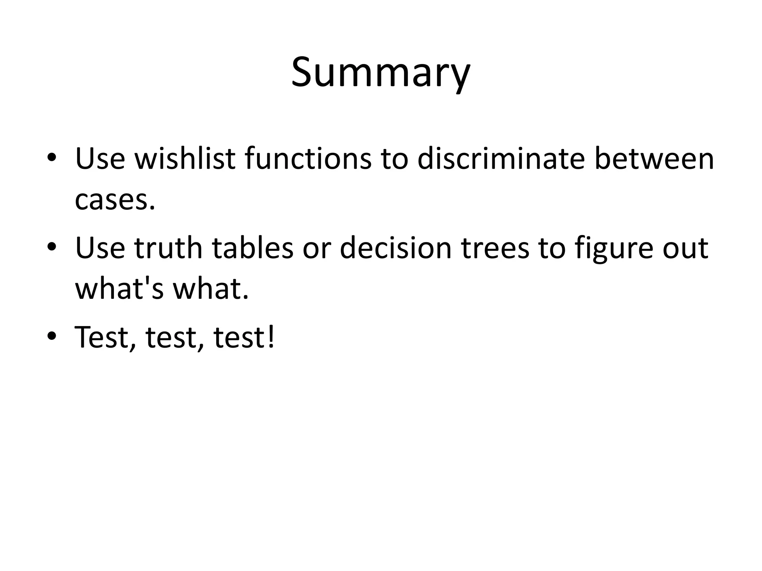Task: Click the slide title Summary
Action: click(381, 72)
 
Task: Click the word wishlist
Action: click(185, 159)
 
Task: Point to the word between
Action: click(654, 159)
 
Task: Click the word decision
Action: click(396, 248)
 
